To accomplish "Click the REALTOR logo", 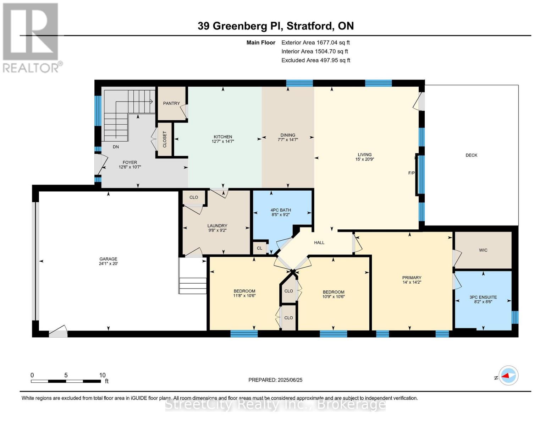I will coord(31,37).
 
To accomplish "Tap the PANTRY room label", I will coord(171,103).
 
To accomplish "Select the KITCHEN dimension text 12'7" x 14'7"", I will coord(223,141).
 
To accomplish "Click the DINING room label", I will coord(288,135).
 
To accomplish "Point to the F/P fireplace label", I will coord(412,173).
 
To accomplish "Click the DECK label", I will coord(471,155).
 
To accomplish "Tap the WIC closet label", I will coord(483,250).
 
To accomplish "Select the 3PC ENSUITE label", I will coord(483,297).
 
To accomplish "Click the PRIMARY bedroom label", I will coord(412,278).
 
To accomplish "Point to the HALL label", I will coord(319,242).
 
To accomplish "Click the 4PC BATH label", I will coord(281,210).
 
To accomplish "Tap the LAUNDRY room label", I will coord(217,226).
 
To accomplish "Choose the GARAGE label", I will coord(108,259).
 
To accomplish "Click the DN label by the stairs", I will coord(116,147).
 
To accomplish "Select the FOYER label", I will coord(130,162).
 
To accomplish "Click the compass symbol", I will coord(508,376).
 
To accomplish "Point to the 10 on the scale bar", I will coord(102,375).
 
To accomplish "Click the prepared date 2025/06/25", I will coord(290,380).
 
